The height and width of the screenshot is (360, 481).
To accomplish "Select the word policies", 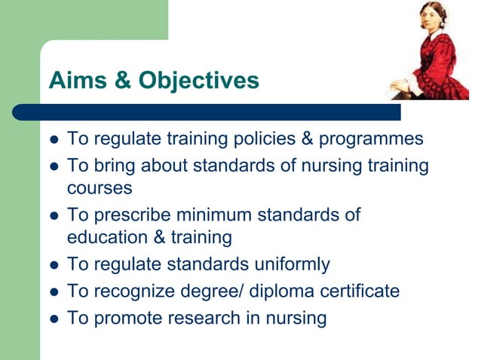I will point(272,139).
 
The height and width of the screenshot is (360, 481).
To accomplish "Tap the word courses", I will point(100,187).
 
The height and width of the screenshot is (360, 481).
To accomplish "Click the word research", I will point(194,317).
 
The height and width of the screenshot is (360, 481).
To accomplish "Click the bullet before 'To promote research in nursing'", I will point(53,319).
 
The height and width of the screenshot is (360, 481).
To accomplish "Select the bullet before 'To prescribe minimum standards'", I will point(53,215).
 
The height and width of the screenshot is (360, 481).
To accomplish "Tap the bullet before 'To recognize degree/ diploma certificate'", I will point(53,291).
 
